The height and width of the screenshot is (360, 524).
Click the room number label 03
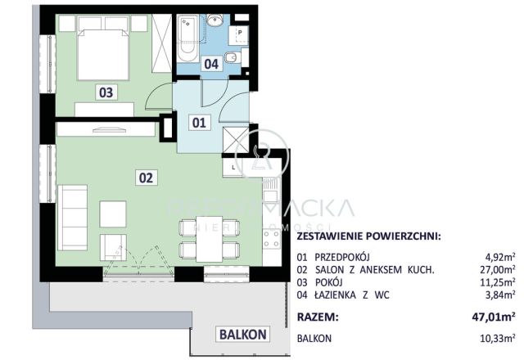[106, 92]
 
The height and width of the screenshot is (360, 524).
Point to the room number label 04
[211, 62]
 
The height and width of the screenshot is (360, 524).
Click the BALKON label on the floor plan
[242, 334]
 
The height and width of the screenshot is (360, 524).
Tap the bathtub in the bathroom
[187, 37]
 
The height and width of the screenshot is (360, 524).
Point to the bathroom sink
[216, 22]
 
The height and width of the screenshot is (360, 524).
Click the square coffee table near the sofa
[113, 214]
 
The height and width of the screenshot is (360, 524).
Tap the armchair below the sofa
[113, 246]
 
